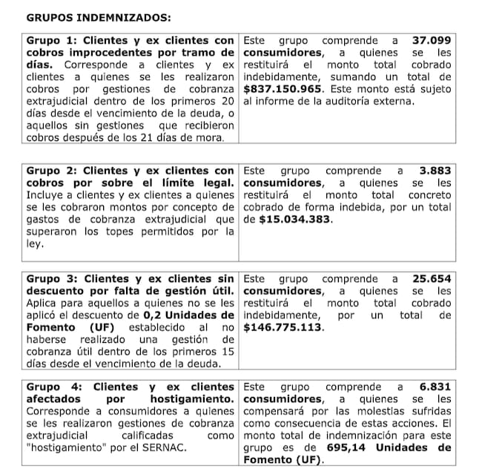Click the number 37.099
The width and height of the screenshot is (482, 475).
click(x=432, y=41)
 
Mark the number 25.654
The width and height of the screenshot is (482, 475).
click(x=432, y=279)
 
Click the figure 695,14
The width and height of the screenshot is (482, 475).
click(x=347, y=448)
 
